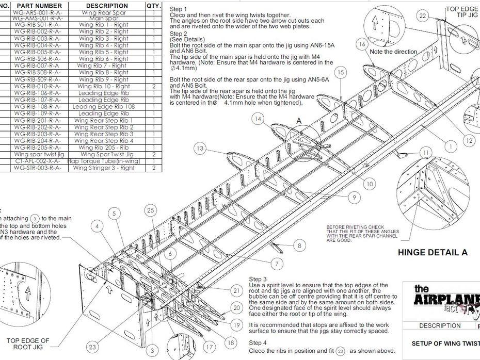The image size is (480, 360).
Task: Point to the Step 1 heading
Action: [x=179, y=9]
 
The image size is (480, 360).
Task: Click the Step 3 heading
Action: [x=258, y=279]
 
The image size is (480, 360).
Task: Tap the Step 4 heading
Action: [x=258, y=342]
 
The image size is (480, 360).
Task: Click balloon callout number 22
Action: [x=423, y=16]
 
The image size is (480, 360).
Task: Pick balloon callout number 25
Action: [x=150, y=210]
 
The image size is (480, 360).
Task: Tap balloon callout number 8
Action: [x=299, y=246]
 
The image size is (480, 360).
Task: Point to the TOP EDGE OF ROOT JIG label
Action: [x=28, y=344]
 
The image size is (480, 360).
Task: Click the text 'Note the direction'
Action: [x=393, y=52]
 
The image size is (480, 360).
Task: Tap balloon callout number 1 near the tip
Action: [x=450, y=146]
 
